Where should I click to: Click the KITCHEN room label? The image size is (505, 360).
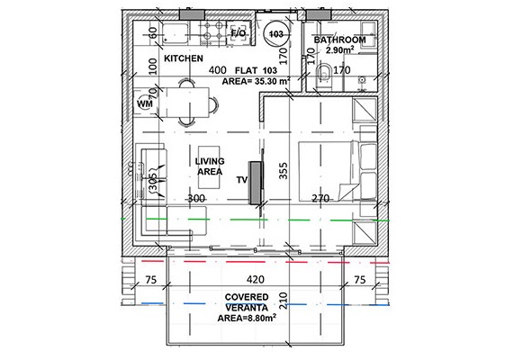coord(184,58)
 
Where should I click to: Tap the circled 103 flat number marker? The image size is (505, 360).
coord(277,33)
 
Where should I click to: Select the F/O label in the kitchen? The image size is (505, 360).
coord(239,33)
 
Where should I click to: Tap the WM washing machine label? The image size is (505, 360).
coord(145,104)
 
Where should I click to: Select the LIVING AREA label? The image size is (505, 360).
coord(210,166)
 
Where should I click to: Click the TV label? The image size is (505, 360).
coord(241,180)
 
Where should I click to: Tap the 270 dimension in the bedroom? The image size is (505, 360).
coord(321,198)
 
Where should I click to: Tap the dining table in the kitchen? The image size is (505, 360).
coord(193,99)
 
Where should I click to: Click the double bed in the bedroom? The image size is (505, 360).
coord(328,171)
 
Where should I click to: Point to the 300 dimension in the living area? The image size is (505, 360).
coord(197,198)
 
